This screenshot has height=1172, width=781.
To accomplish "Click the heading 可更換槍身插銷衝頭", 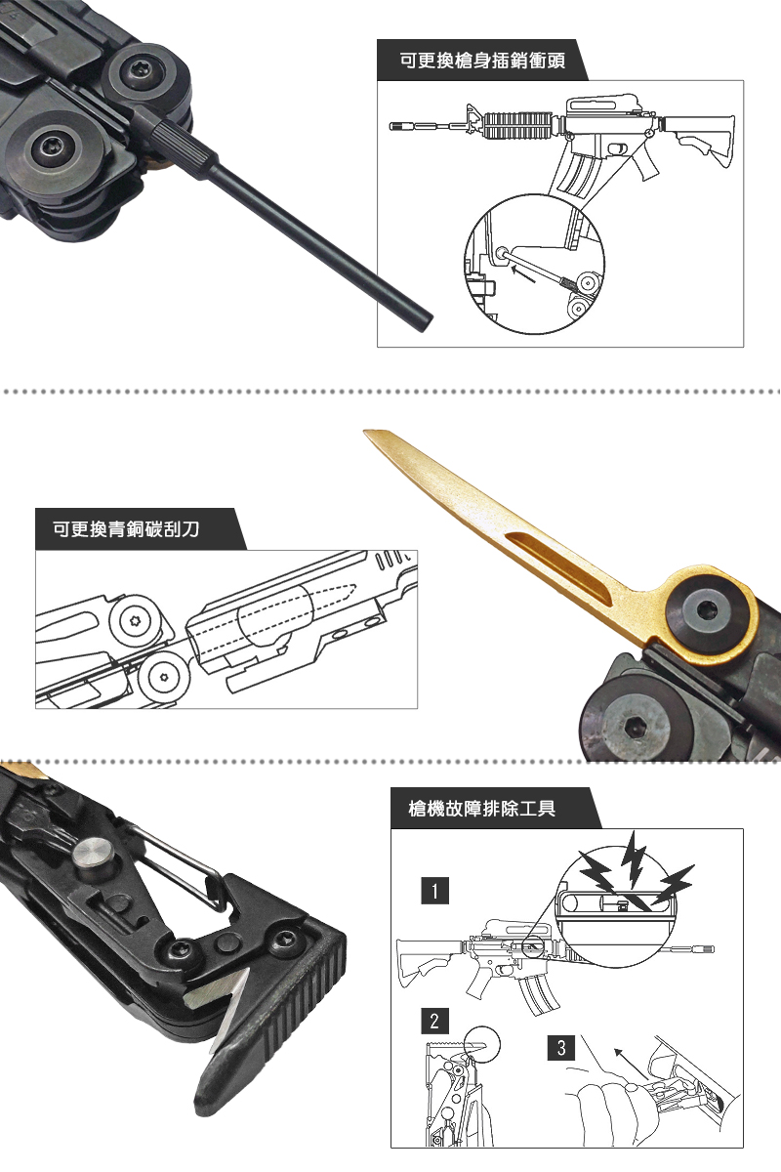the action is point(482,61).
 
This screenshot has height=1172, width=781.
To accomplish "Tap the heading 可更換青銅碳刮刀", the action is point(126,529).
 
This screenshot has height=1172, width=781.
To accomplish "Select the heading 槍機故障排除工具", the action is point(482,809).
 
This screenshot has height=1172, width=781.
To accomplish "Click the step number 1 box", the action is point(434,891).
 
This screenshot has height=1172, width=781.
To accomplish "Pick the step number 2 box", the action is point(434,1021).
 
